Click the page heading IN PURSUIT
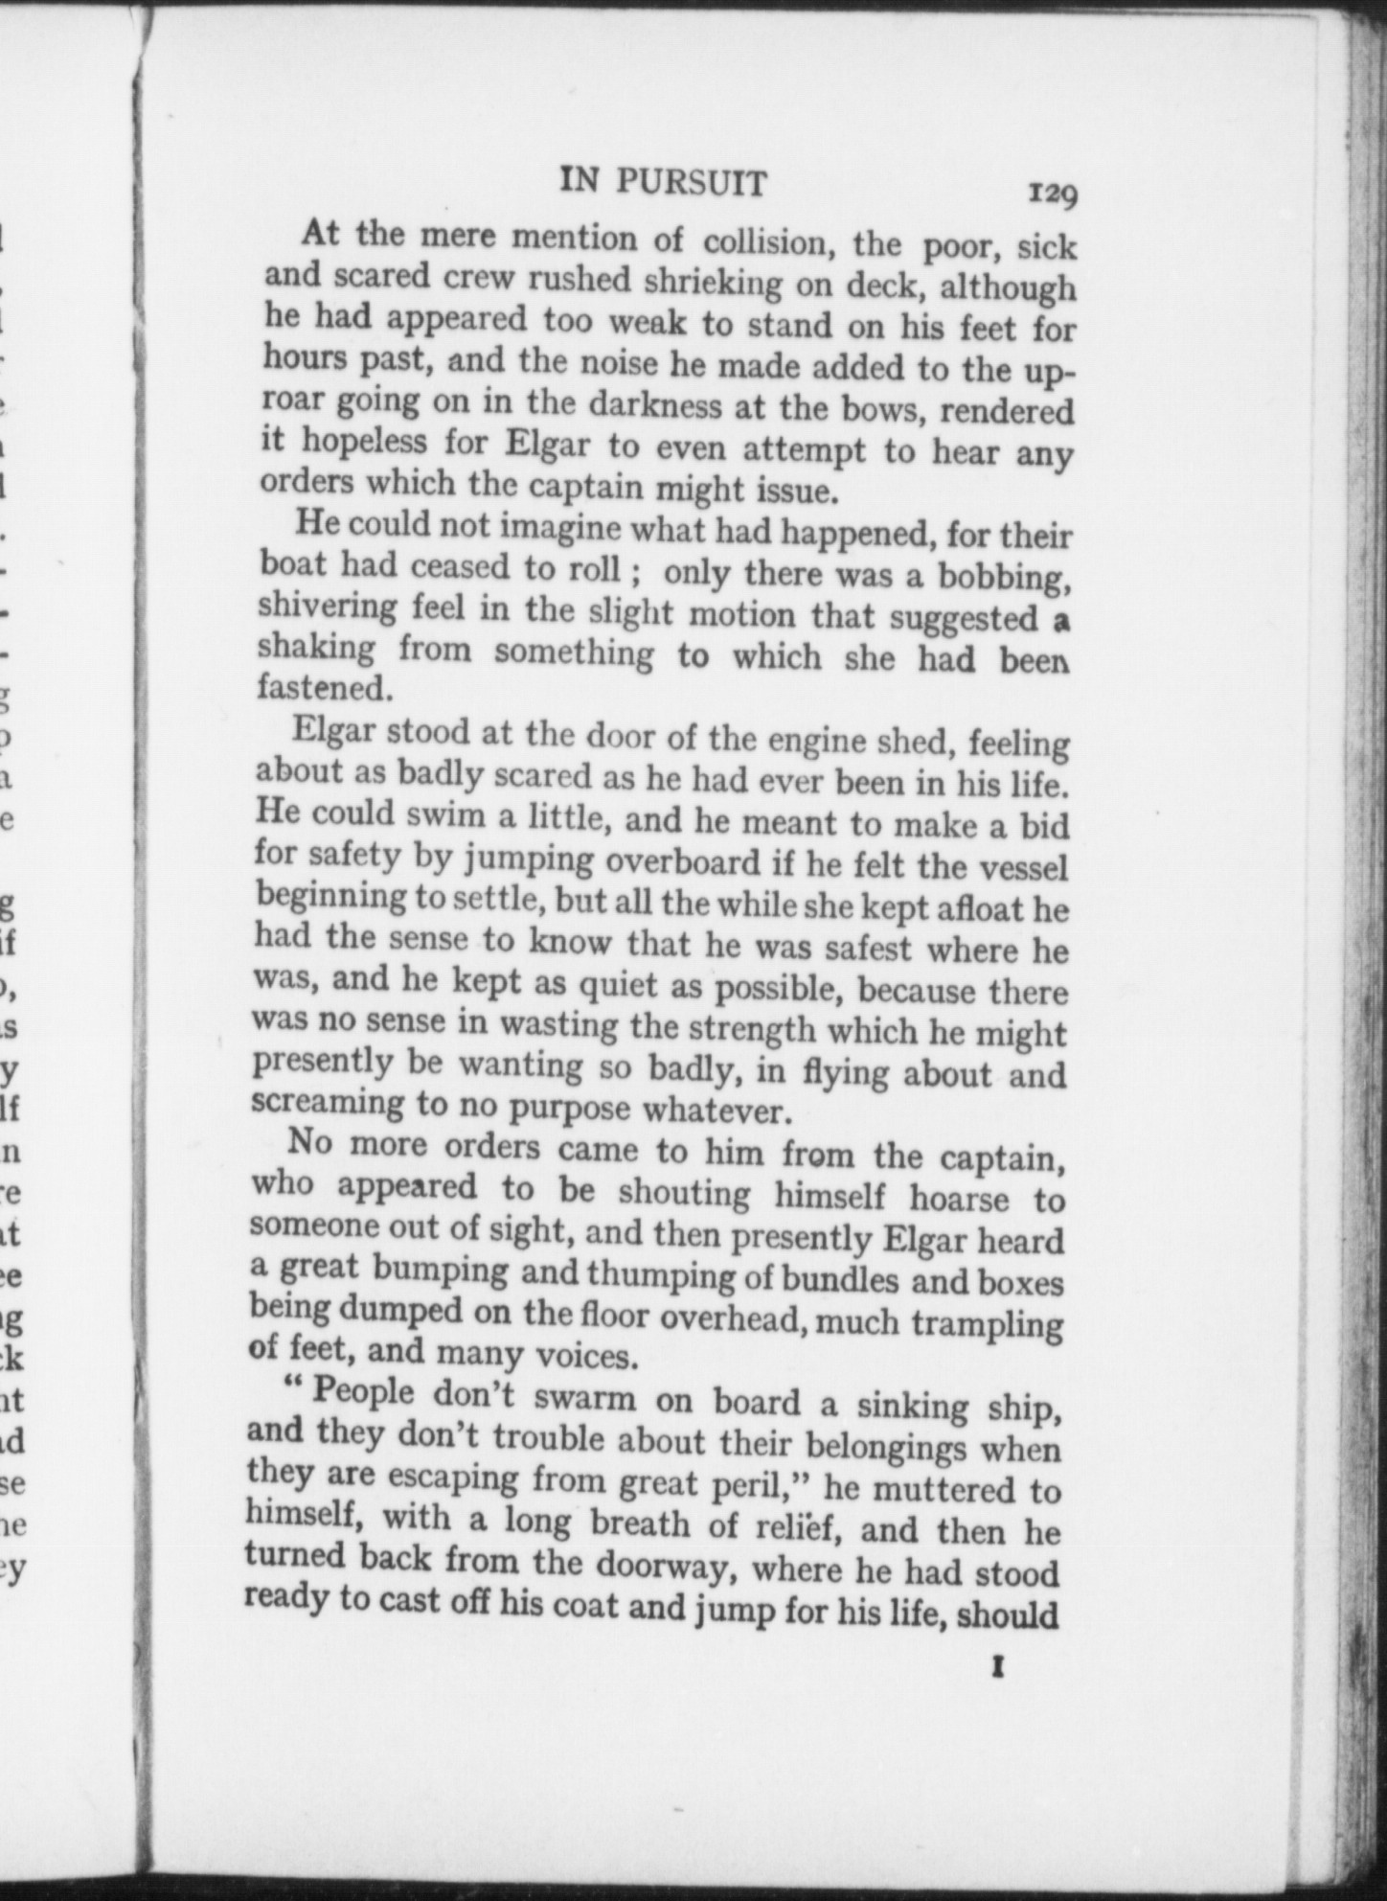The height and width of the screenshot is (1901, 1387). [x=663, y=181]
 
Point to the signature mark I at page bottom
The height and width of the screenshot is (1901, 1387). [x=998, y=1668]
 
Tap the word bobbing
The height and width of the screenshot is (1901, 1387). [x=1003, y=579]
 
